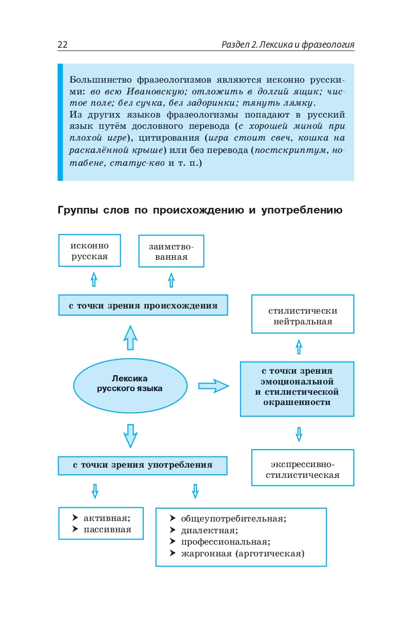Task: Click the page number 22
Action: (63, 45)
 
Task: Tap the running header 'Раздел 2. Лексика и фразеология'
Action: (288, 45)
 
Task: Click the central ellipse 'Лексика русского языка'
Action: (130, 383)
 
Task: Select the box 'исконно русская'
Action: (90, 251)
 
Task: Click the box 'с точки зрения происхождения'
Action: (143, 306)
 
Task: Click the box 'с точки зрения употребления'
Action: (143, 465)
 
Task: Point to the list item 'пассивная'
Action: (107, 529)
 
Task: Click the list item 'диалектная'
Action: (209, 530)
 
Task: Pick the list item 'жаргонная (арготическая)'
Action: (242, 553)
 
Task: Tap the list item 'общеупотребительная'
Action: (233, 518)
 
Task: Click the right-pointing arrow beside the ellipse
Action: (213, 386)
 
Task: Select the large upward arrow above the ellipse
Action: (131, 337)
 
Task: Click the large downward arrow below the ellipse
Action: (131, 435)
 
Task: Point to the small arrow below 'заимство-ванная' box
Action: (171, 280)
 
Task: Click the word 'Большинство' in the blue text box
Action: (101, 80)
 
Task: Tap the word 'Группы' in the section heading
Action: (76, 210)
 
